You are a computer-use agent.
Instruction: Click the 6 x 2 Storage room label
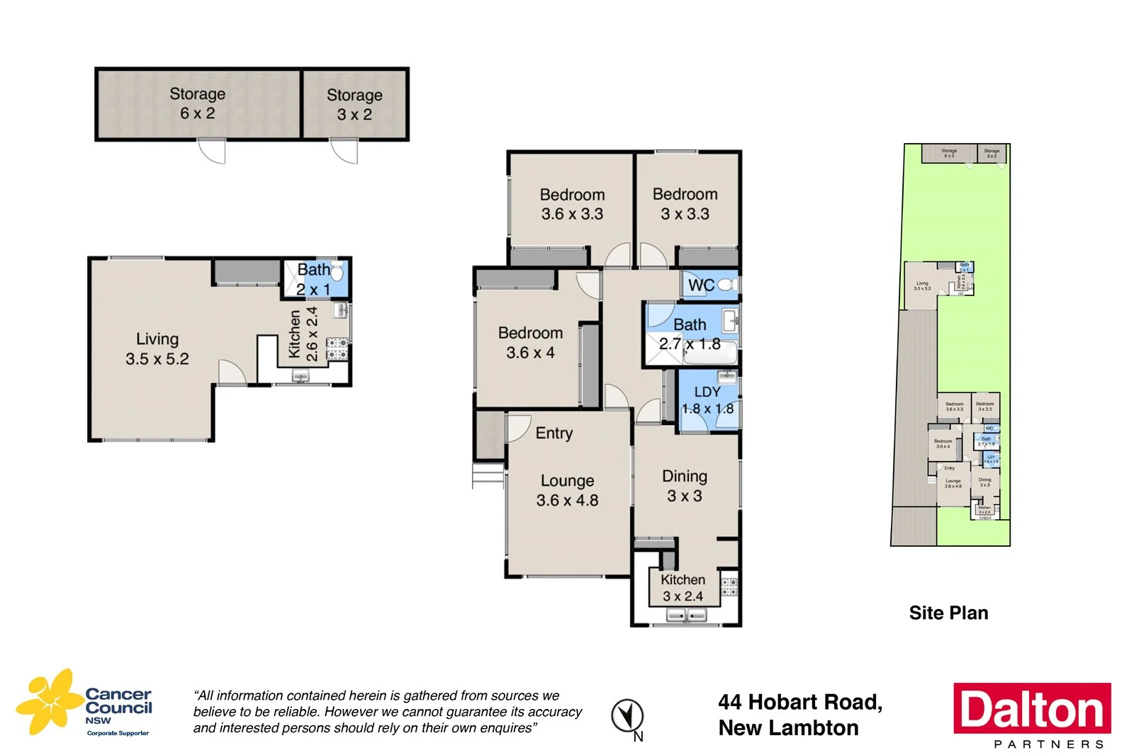coord(197,103)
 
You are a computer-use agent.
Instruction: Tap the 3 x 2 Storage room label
coord(354,105)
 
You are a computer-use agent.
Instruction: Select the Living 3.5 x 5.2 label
coord(157,349)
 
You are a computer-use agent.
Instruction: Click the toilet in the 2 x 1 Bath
coord(338,271)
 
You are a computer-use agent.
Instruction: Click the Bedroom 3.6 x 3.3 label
coord(572,204)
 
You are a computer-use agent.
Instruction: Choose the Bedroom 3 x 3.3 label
coord(685,204)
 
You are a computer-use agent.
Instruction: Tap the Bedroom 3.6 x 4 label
coord(530,343)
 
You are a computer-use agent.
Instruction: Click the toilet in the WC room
coord(728,285)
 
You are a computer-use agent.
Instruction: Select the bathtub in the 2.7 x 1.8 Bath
coord(711,356)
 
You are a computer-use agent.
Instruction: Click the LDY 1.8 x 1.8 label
coord(707,400)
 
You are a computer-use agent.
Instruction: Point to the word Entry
coord(554,433)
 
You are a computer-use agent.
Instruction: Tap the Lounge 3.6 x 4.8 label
coord(567,490)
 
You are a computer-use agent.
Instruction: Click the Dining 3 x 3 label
coord(684,486)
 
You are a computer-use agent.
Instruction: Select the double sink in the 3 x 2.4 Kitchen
coord(686,615)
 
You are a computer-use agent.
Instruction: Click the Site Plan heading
coord(948,613)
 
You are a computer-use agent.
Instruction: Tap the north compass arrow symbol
coord(627,715)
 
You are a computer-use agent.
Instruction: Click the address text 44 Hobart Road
coord(799,702)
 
